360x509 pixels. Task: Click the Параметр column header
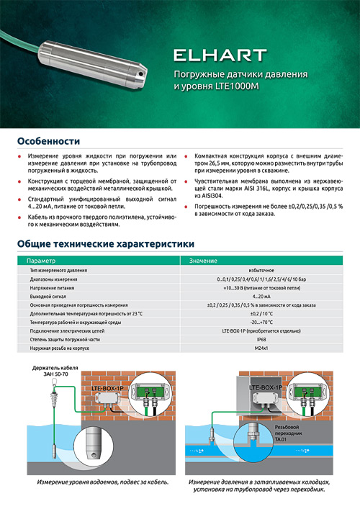coord(40,260)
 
